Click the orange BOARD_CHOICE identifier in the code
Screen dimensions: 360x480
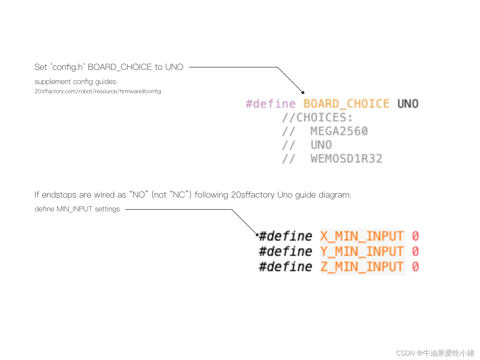click(346, 104)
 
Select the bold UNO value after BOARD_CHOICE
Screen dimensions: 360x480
click(408, 104)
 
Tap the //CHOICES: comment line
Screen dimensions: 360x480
click(317, 118)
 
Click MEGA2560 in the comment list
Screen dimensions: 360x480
click(339, 131)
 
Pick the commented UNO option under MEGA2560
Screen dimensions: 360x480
click(321, 145)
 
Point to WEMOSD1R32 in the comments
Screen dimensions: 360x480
click(346, 159)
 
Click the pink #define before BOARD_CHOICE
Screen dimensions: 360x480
click(271, 104)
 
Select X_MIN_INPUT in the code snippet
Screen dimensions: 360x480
click(362, 236)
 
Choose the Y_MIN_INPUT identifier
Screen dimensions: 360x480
click(362, 251)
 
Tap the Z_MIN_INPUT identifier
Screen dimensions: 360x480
click(362, 266)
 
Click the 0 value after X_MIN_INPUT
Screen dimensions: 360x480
click(415, 236)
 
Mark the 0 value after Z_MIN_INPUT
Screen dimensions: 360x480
click(415, 266)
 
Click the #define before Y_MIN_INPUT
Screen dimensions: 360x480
click(285, 251)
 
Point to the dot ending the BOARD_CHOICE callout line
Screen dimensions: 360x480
click(303, 92)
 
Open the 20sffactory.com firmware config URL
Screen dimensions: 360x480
click(98, 91)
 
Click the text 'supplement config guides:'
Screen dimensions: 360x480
click(76, 82)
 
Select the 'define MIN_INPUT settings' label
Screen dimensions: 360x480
click(77, 209)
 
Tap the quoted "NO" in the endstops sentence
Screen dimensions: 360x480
click(139, 195)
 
